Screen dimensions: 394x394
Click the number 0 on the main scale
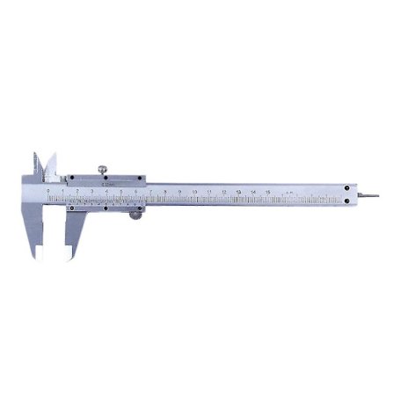(47, 189)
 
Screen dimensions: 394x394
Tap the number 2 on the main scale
(77, 189)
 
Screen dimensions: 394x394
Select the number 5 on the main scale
(121, 189)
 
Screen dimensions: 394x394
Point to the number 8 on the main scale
(165, 189)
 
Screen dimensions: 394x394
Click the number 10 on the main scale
(194, 189)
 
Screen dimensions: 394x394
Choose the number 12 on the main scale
(224, 189)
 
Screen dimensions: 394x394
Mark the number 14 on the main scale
(253, 189)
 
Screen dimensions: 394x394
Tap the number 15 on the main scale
(268, 189)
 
